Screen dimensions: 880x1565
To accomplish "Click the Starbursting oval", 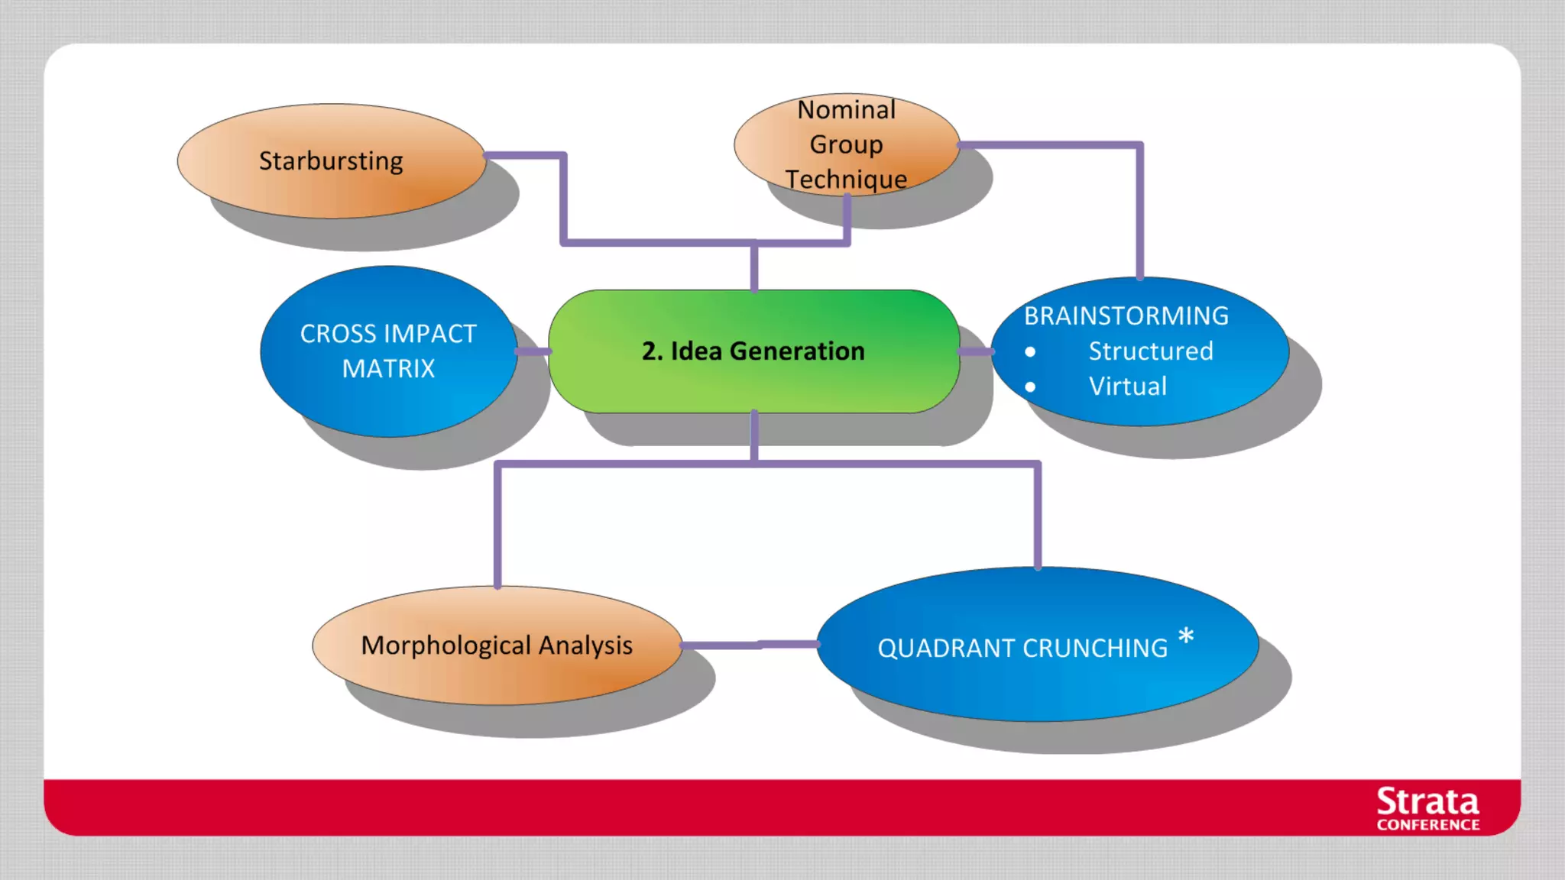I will [x=331, y=161].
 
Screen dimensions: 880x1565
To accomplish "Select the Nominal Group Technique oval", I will [x=846, y=144].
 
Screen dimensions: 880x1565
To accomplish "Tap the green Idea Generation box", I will [x=753, y=351].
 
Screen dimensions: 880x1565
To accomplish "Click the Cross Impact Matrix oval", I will [x=388, y=351].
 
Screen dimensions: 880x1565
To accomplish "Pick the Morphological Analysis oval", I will [x=497, y=645].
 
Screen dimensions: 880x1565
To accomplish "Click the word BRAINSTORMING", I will [x=1126, y=316].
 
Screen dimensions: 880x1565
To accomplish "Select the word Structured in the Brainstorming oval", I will [x=1151, y=351].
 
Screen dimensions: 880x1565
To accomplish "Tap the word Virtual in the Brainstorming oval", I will [x=1128, y=387].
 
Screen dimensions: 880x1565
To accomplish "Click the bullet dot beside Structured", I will [x=1030, y=352].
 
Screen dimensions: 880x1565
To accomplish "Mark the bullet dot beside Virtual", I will [x=1030, y=387].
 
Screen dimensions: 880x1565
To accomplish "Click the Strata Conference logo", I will [x=1427, y=808].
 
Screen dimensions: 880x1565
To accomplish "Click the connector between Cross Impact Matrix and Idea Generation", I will [x=533, y=351].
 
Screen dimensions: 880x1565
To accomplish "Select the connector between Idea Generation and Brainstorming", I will [x=976, y=351].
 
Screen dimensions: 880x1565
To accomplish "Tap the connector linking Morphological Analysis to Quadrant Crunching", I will [x=749, y=645].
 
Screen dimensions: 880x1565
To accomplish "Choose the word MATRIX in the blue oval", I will [x=388, y=369].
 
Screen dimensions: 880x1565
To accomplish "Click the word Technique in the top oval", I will [x=846, y=180].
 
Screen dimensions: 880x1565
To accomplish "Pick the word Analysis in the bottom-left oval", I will [x=585, y=645].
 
